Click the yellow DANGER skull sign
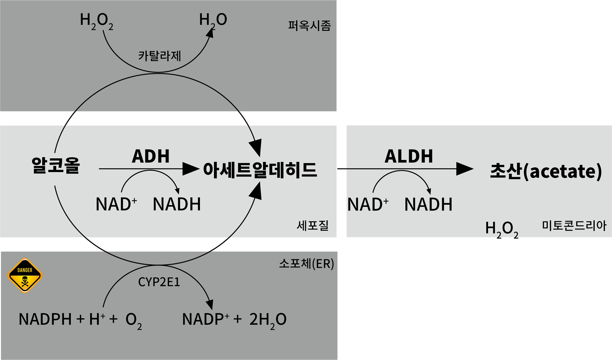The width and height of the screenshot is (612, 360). tap(25, 275)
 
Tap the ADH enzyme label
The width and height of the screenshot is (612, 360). tap(151, 156)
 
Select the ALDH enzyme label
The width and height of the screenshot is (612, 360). tap(409, 156)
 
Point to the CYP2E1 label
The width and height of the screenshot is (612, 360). tap(159, 282)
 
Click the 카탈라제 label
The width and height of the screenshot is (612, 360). tap(160, 56)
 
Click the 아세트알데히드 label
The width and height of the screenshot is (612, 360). tap(260, 170)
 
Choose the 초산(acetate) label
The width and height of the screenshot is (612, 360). tap(546, 171)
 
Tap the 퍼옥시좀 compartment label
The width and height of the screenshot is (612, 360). tap(310, 26)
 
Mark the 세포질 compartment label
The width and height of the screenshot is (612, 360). tap(313, 225)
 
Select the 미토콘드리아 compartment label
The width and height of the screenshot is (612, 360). tap(574, 226)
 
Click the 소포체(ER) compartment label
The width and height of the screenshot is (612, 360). tap(307, 264)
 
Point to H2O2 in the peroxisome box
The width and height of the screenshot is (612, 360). tap(97, 21)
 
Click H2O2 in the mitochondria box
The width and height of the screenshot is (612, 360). tap(502, 229)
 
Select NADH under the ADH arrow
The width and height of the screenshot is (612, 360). tap(177, 204)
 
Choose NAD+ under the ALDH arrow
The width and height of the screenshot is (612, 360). tap(368, 204)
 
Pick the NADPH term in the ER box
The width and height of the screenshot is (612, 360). tap(45, 319)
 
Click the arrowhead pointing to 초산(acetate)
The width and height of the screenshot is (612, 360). tap(465, 169)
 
